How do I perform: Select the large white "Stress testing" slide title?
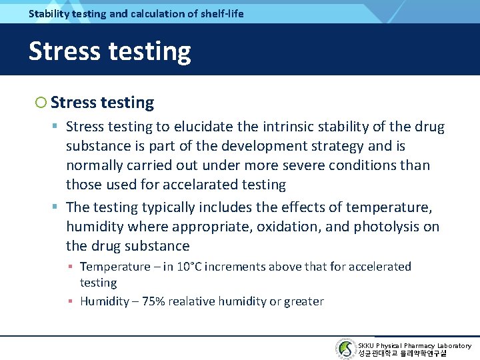coord(109,51)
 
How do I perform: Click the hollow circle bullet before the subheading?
coord(41,103)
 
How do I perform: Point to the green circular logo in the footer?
coord(345,349)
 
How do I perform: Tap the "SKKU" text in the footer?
coord(367,345)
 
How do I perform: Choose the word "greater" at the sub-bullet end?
coord(303,301)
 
